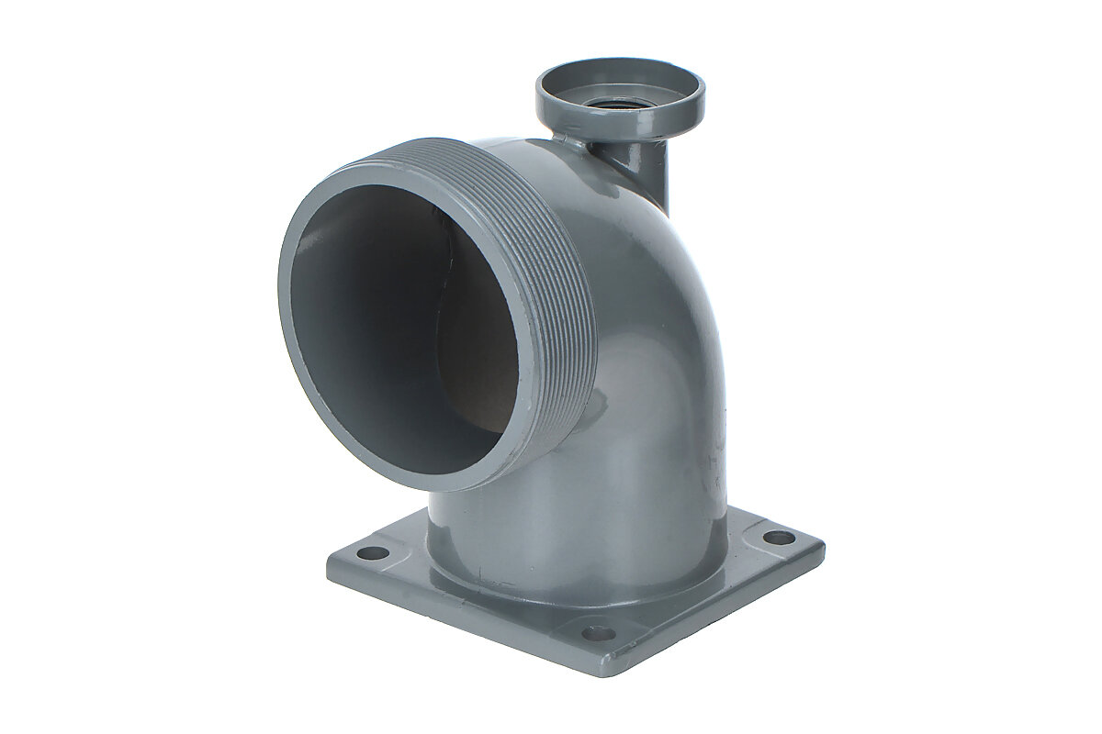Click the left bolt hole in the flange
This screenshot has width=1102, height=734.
(372, 553)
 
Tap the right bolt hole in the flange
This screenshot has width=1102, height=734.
(779, 537)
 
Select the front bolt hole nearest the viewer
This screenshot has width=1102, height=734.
(598, 632)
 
